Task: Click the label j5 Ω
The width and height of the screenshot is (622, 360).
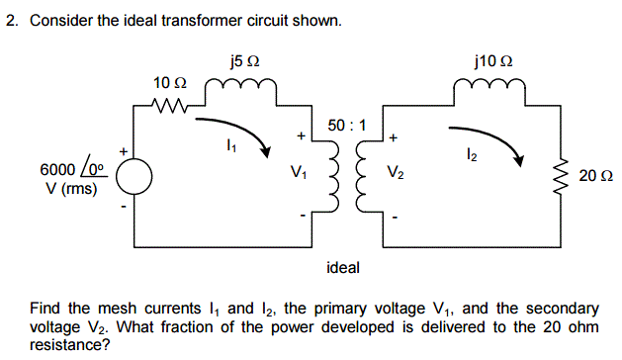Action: click(241, 62)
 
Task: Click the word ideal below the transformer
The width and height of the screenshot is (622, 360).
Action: click(343, 267)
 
